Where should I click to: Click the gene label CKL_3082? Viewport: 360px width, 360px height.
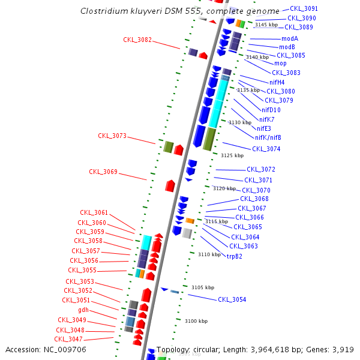pos(137,40)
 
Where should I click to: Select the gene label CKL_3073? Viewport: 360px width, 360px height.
pos(112,136)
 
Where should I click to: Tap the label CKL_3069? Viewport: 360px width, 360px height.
pos(103,172)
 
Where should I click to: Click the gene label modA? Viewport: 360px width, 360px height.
pos(290,38)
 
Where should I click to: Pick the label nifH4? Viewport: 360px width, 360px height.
pos(277,82)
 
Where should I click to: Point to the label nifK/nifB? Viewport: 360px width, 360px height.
pos(268,137)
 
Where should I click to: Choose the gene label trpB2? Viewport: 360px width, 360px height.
pos(235,256)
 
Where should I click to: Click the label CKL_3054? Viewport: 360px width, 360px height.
pos(232,299)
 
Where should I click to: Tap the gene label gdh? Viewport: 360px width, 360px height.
pos(83,310)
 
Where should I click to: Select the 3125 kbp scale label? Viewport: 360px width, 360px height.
pos(232,155)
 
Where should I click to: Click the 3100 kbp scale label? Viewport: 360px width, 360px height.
pos(196,322)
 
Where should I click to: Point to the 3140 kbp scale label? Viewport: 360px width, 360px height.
pos(257,58)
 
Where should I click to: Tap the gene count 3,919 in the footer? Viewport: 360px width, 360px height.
pos(343,349)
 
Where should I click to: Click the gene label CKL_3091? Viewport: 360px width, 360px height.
pos(304,9)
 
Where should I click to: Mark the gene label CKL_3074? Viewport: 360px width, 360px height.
pos(266,149)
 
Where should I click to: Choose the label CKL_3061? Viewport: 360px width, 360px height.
pos(94,213)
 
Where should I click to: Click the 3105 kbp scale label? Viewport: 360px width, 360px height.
pos(203,287)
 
